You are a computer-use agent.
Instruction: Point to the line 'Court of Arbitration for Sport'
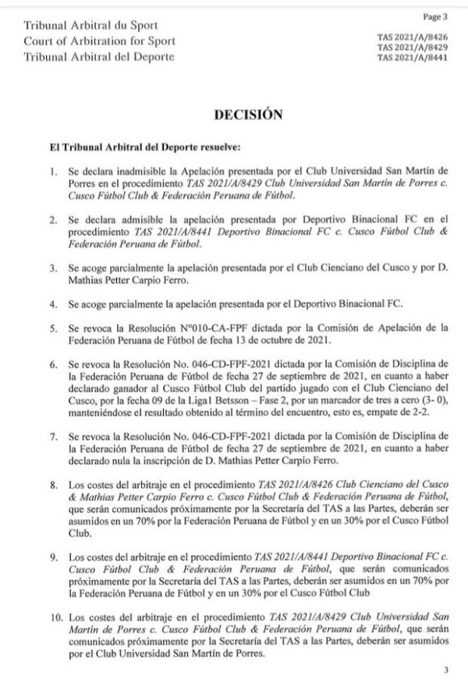point(101,42)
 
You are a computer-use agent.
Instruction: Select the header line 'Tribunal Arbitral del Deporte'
point(100,57)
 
